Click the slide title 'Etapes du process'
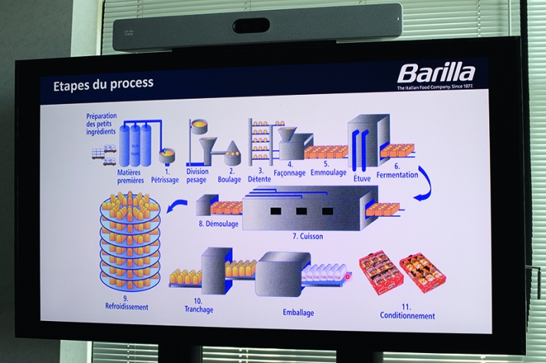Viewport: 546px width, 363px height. [103, 83]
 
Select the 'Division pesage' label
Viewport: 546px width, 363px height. [197, 176]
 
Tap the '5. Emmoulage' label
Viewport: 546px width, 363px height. [330, 169]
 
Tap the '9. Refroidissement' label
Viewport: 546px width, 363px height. [127, 302]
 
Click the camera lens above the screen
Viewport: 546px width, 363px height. [252, 25]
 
